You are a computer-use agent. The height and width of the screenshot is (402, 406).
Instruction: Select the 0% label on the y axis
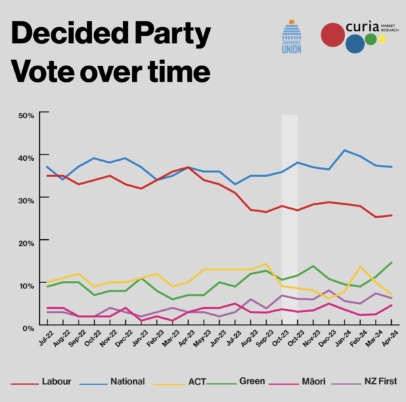pyautogui.click(x=28, y=328)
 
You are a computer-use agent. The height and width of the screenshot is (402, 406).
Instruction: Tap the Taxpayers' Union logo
pyautogui.click(x=292, y=37)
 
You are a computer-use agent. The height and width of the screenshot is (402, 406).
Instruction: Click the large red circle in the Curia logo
pyautogui.click(x=334, y=35)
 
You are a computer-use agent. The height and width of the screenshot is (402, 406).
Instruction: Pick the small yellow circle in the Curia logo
pyautogui.click(x=382, y=39)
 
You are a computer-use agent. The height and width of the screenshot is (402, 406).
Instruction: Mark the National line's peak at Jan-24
pyautogui.click(x=345, y=150)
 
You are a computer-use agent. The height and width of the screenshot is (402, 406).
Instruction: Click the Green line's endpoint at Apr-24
pyautogui.click(x=392, y=262)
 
